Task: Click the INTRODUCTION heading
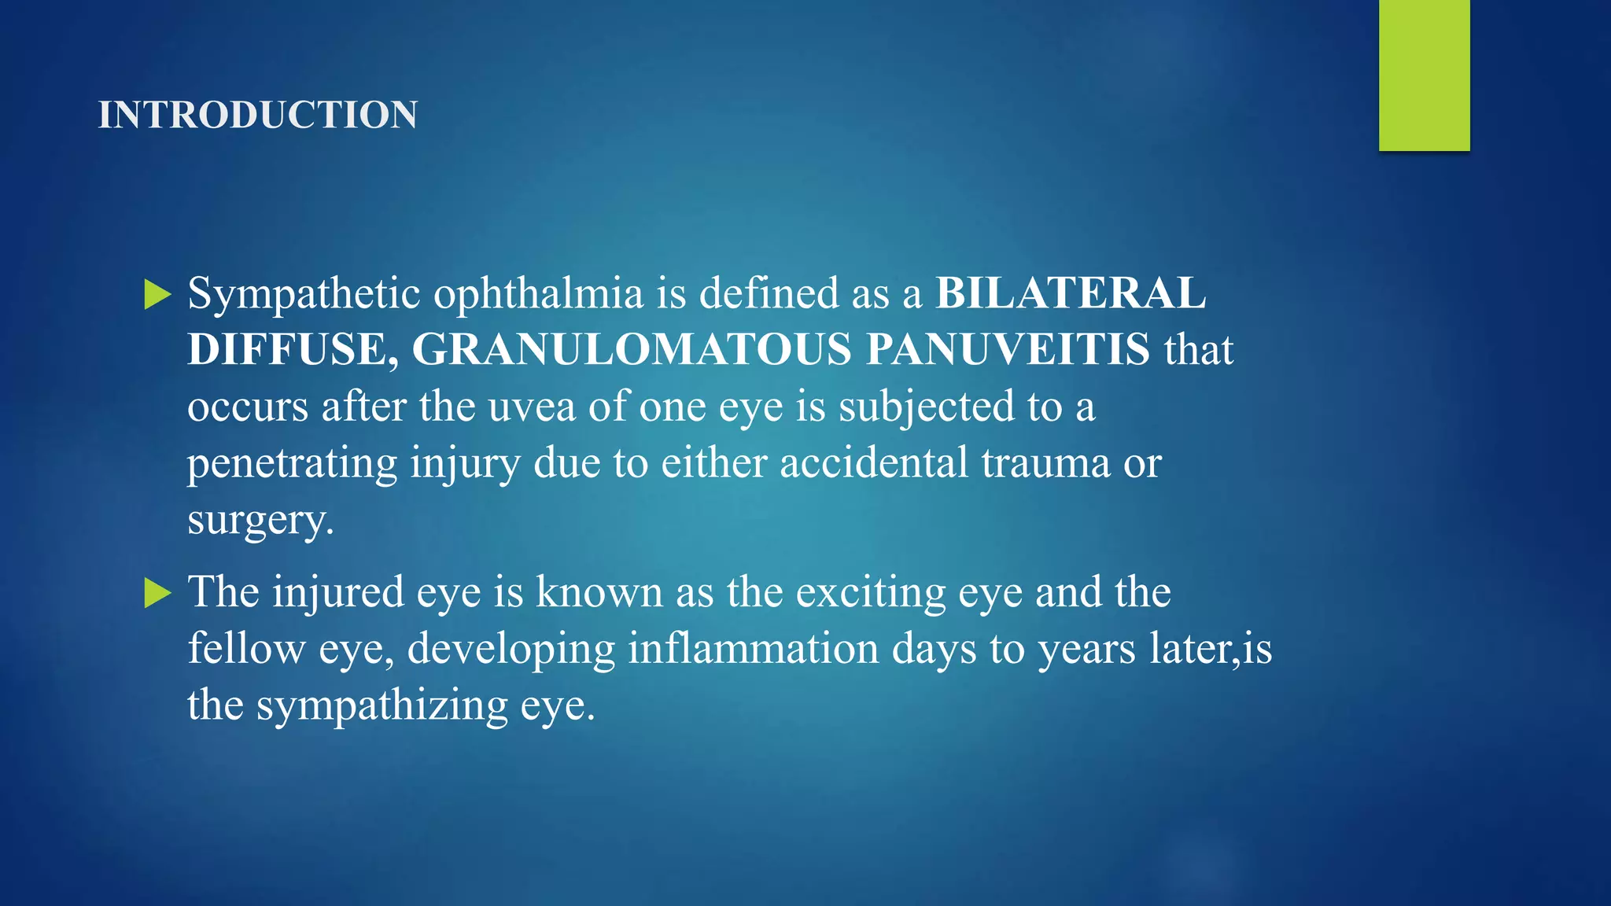[257, 115]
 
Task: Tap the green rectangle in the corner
[1424, 75]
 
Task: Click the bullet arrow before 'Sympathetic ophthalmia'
[157, 295]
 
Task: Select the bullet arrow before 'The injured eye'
[157, 593]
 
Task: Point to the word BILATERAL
[1070, 293]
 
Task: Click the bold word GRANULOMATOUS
[632, 349]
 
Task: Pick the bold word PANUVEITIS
[1008, 349]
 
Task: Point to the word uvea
[532, 407]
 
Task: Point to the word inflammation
[753, 649]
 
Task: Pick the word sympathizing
[382, 706]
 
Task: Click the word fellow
[246, 649]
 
